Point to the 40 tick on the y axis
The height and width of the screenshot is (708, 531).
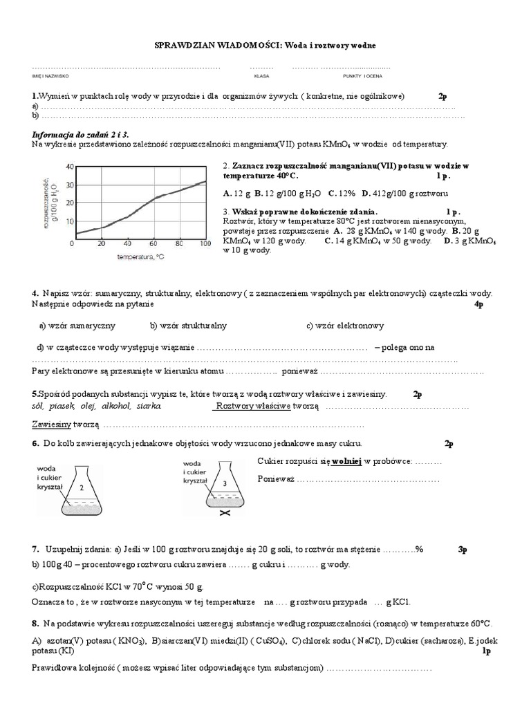tap(68, 167)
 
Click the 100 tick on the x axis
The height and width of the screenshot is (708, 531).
tap(205, 244)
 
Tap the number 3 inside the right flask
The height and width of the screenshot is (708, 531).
tap(224, 483)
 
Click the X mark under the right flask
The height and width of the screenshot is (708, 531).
tap(224, 515)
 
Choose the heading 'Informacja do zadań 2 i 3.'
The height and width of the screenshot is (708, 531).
tap(81, 134)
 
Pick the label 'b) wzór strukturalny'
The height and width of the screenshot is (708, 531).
tap(188, 326)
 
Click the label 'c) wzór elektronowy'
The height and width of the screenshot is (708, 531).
tap(345, 326)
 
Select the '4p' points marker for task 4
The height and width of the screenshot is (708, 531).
tap(479, 304)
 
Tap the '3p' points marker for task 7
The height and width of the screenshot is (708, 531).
tap(463, 549)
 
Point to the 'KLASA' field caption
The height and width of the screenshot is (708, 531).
tap(261, 76)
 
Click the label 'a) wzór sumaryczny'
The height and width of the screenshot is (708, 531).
tap(77, 326)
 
